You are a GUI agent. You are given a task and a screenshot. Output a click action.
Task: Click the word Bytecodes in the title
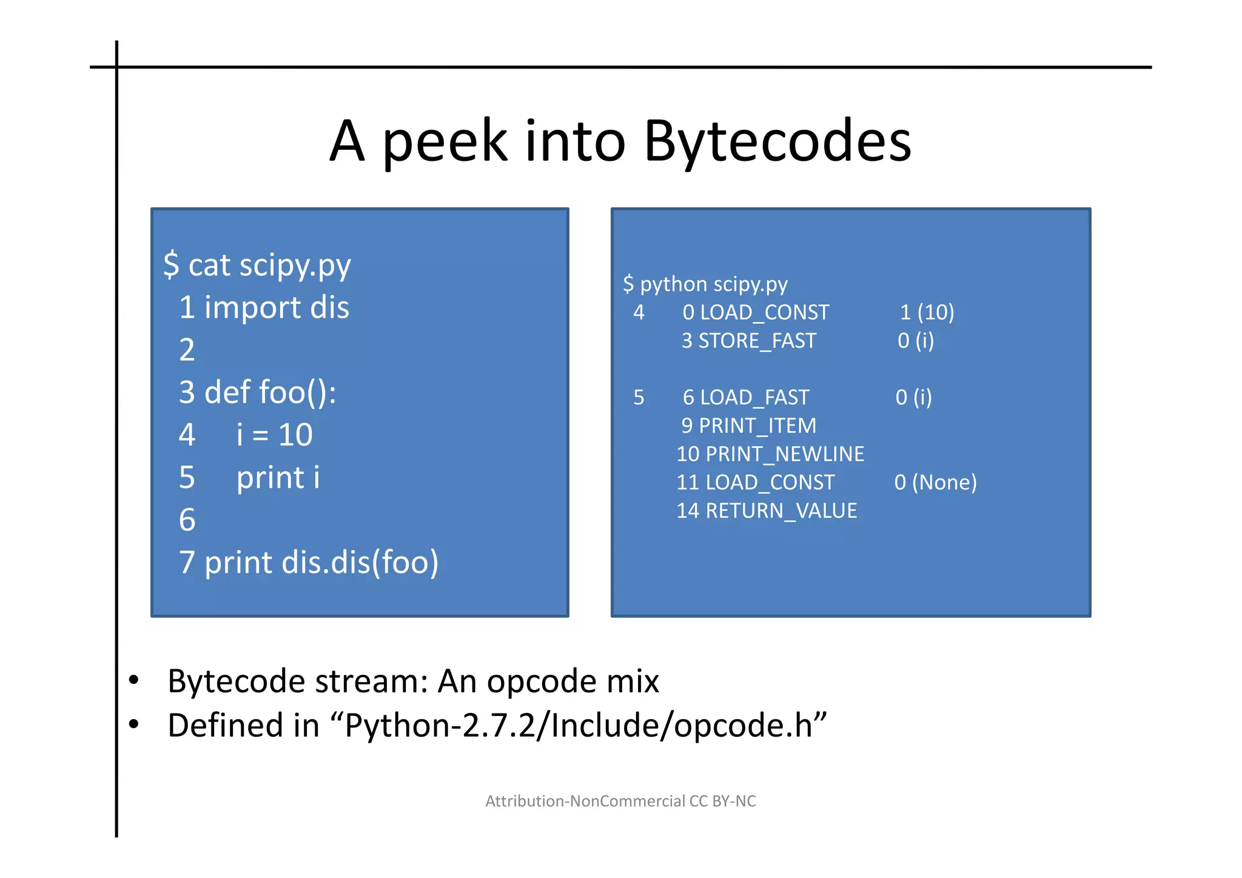pyautogui.click(x=777, y=141)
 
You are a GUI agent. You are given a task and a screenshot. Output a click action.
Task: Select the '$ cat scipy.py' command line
pyautogui.click(x=257, y=265)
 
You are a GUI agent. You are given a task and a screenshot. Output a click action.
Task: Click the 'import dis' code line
pyautogui.click(x=277, y=308)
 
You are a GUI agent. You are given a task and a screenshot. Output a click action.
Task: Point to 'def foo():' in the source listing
pyautogui.click(x=270, y=393)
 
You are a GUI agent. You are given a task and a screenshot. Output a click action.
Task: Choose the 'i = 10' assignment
pyautogui.click(x=274, y=435)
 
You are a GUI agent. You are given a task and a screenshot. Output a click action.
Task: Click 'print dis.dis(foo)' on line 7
pyautogui.click(x=321, y=562)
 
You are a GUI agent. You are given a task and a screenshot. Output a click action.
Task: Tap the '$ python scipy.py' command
pyautogui.click(x=705, y=284)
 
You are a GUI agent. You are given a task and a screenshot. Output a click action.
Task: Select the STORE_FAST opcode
pyautogui.click(x=757, y=341)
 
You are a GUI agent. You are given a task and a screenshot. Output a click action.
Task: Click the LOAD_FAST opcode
pyautogui.click(x=754, y=397)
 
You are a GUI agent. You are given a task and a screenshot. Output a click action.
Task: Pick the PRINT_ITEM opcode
pyautogui.click(x=757, y=426)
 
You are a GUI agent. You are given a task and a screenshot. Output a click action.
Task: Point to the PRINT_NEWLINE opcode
pyautogui.click(x=785, y=454)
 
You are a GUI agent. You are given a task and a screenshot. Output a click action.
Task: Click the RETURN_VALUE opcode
pyautogui.click(x=781, y=511)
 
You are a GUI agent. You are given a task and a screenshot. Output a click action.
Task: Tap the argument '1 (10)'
pyautogui.click(x=927, y=312)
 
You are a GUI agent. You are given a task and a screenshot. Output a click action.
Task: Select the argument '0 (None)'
pyautogui.click(x=935, y=482)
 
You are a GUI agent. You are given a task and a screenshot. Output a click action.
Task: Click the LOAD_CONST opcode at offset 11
pyautogui.click(x=770, y=482)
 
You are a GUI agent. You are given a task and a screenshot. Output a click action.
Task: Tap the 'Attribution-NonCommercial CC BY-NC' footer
pyautogui.click(x=620, y=802)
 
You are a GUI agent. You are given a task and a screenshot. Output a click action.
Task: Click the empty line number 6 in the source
pyautogui.click(x=187, y=520)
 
